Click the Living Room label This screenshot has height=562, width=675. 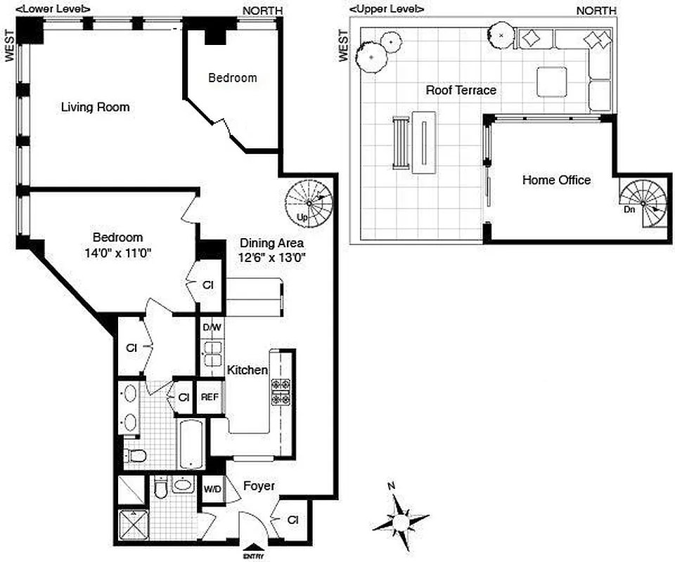(x=95, y=107)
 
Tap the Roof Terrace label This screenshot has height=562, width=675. (x=461, y=90)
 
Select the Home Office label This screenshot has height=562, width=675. (x=556, y=180)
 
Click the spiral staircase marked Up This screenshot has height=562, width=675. (x=308, y=199)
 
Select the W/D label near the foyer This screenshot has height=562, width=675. (x=212, y=488)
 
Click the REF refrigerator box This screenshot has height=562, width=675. (x=210, y=397)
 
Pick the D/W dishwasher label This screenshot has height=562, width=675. (x=211, y=327)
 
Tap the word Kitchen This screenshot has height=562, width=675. (x=246, y=370)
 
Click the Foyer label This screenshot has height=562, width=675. (x=259, y=485)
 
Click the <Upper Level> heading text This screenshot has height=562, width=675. (x=387, y=8)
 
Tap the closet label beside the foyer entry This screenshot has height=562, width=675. (x=293, y=520)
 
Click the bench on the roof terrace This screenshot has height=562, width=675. (x=400, y=143)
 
